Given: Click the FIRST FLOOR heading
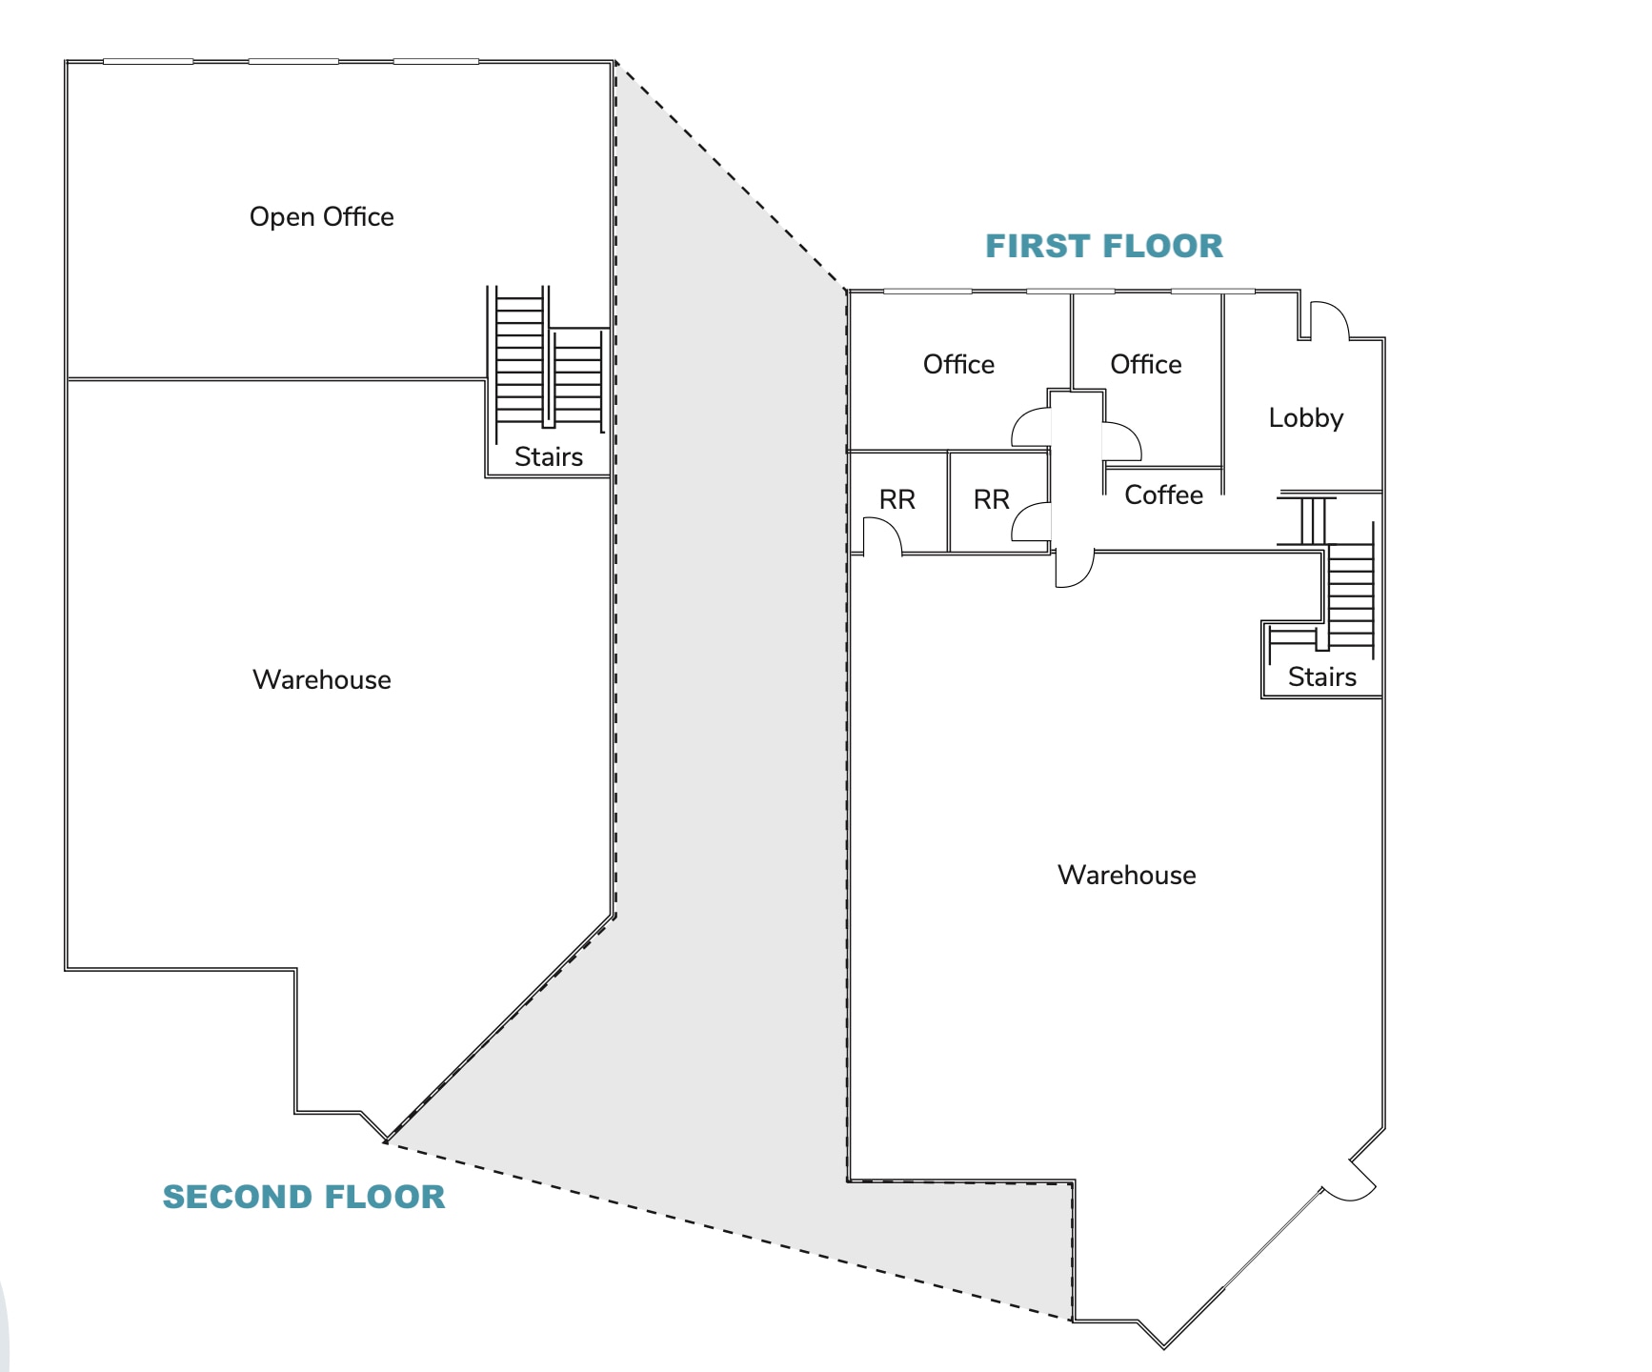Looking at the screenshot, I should click(x=1103, y=246).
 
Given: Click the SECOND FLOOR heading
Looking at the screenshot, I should click(x=304, y=1197).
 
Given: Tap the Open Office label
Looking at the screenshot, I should click(x=321, y=217).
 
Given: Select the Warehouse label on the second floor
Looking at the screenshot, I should click(x=321, y=679).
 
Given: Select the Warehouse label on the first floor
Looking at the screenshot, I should click(x=1126, y=875).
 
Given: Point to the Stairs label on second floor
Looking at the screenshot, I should click(x=548, y=457).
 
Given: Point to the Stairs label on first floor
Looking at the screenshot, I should click(x=1321, y=676).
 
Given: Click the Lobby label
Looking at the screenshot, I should click(x=1305, y=417).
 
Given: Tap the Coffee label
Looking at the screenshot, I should click(x=1163, y=494).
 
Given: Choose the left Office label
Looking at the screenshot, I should click(x=958, y=364).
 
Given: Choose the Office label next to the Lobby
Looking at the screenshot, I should click(x=1145, y=364).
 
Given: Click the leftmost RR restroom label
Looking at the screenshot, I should click(x=897, y=499).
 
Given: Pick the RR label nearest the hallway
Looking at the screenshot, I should click(x=991, y=499).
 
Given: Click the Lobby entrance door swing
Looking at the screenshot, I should click(x=1328, y=320).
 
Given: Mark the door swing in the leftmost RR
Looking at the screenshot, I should click(x=881, y=535).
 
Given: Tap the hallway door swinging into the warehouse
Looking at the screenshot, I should click(x=1074, y=569).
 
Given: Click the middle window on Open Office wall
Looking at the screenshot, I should click(x=293, y=61).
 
